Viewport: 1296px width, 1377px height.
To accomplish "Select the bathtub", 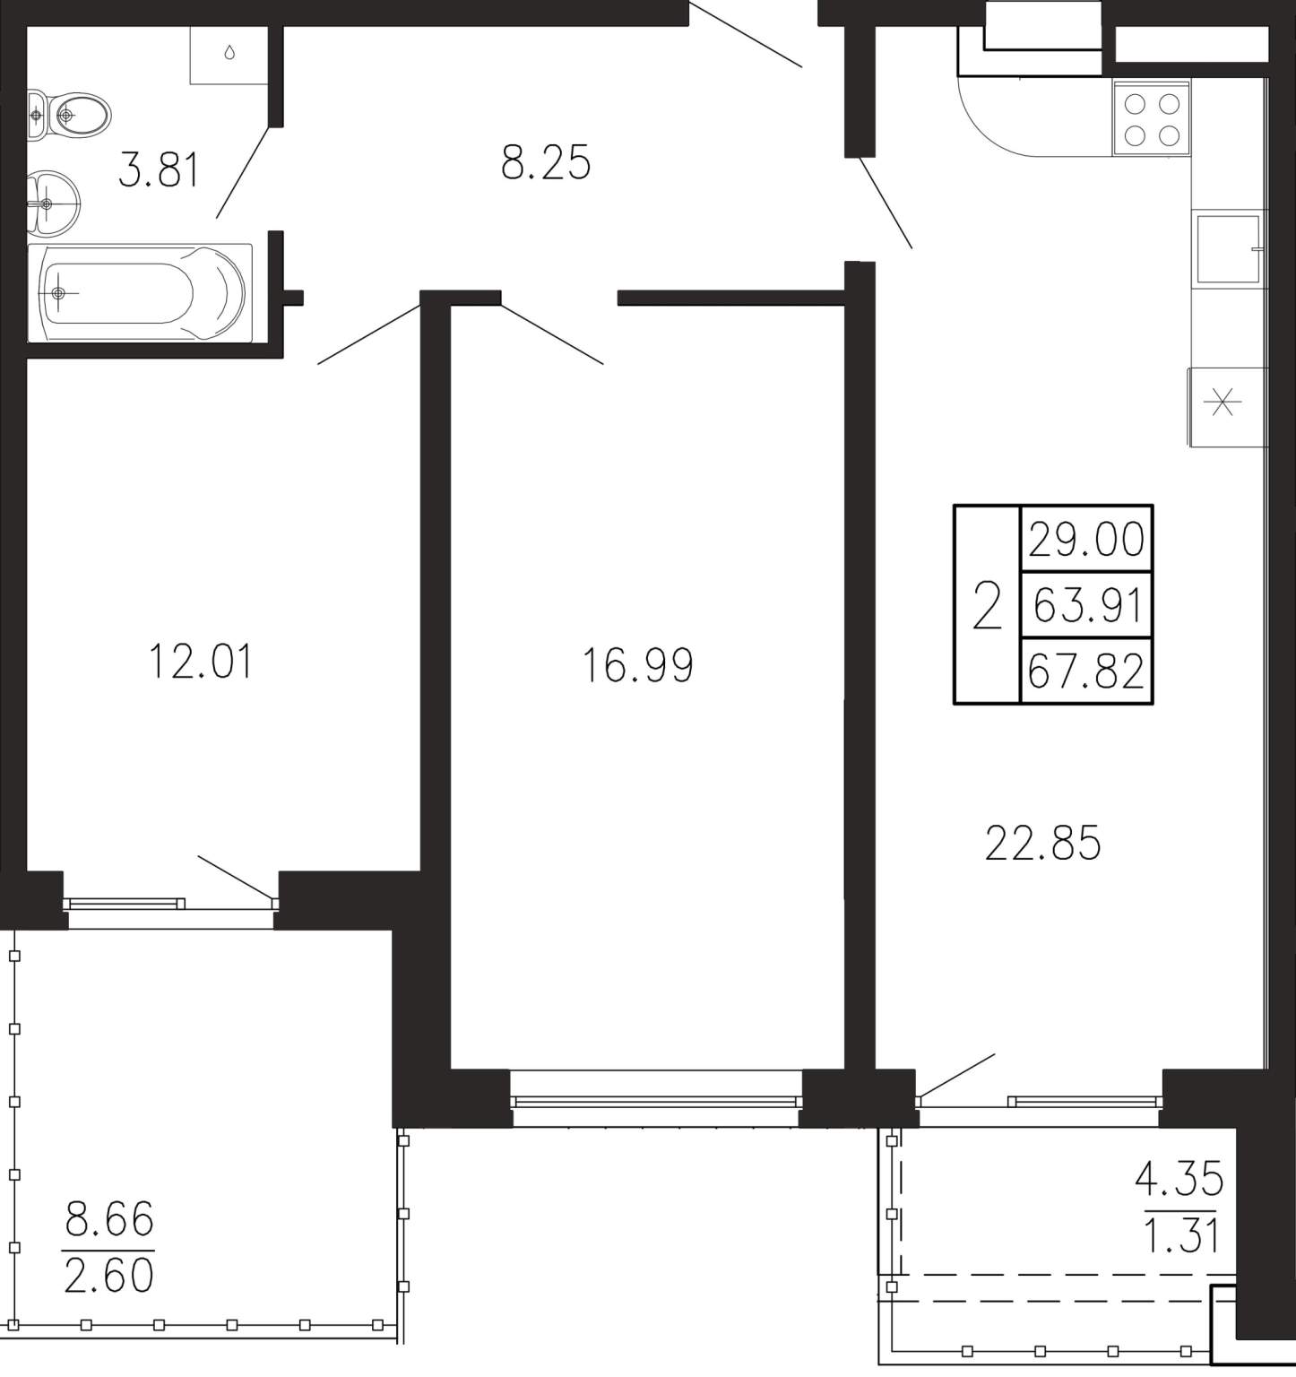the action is tap(140, 292).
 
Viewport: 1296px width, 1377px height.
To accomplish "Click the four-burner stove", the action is tap(1152, 119).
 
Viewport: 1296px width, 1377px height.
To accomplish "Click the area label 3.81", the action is tap(159, 169).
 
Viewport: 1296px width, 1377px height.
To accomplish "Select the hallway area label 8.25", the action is tap(546, 164).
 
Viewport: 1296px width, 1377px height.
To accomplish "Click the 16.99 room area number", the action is tap(638, 666).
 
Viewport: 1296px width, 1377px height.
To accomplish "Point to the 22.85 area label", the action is tap(1043, 844).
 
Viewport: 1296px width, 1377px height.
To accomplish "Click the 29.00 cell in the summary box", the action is tap(1086, 540).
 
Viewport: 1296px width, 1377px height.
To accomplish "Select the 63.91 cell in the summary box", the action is tap(1086, 605).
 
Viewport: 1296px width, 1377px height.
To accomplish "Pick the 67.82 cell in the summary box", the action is tap(1086, 671).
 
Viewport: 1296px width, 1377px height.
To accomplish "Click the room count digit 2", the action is tap(987, 605).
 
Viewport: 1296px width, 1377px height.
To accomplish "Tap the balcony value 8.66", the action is tap(109, 1220).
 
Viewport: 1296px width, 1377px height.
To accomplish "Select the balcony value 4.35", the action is tap(1179, 1179).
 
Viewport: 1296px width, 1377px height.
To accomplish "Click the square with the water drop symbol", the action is tap(229, 55).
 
